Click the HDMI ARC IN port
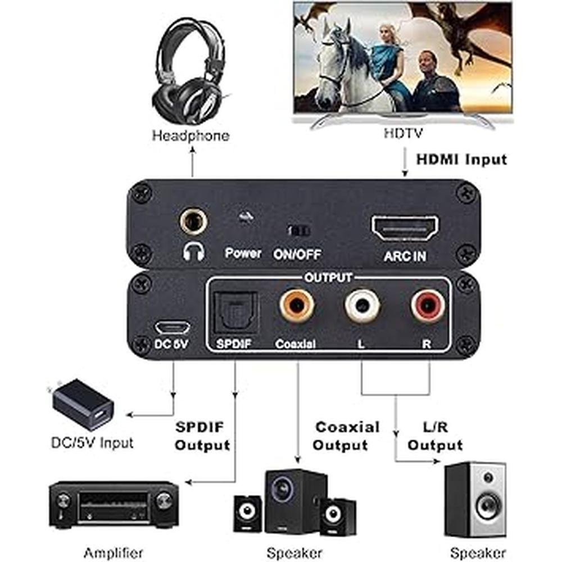click(405, 228)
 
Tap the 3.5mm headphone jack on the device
click(193, 221)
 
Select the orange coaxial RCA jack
click(297, 305)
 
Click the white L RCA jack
click(362, 305)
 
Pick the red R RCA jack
click(428, 305)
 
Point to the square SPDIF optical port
click(235, 311)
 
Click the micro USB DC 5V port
click(173, 327)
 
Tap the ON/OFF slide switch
click(298, 231)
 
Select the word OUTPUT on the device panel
click(328, 278)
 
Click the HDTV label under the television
click(403, 133)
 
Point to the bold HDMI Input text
click(461, 159)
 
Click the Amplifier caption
click(114, 552)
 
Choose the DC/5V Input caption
click(92, 443)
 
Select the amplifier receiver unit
click(114, 504)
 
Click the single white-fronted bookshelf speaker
click(475, 500)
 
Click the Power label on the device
click(243, 253)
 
